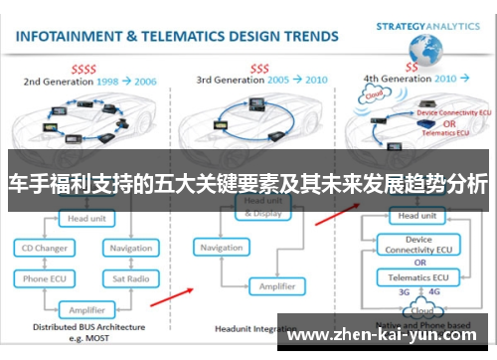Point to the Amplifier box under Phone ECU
click(87, 309)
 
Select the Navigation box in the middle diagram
click(222, 248)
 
